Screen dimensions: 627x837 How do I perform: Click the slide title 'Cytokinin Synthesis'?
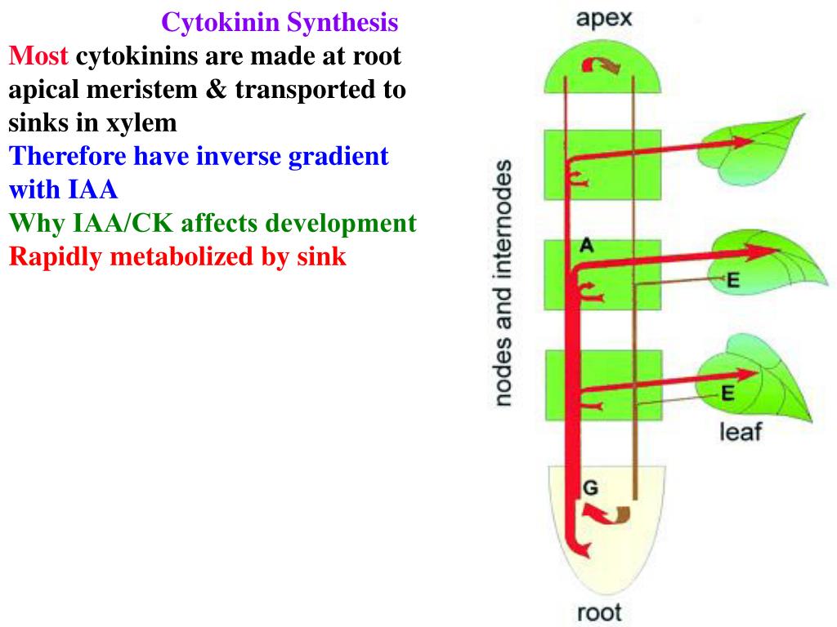280,22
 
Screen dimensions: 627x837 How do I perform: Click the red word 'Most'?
39,56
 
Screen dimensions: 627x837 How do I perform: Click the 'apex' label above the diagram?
605,19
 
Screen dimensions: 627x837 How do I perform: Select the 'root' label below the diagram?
599,611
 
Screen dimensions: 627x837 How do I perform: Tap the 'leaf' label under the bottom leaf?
739,430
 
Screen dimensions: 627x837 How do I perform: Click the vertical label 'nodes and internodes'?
504,282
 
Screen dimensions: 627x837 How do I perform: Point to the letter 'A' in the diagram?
587,243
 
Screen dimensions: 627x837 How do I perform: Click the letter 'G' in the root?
590,487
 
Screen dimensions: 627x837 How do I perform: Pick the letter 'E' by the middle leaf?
733,281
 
